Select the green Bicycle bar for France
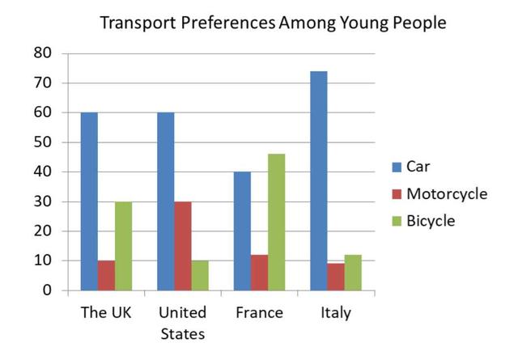coord(276,222)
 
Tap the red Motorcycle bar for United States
coord(183,245)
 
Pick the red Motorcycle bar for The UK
coord(106,275)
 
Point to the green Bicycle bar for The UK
coord(123,245)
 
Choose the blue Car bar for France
coord(242,231)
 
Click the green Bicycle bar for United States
coord(200,275)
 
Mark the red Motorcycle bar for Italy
coord(335,277)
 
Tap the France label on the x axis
coord(258,312)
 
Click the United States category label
coord(183,322)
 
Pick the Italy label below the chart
coord(335,312)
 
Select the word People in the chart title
coord(418,23)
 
